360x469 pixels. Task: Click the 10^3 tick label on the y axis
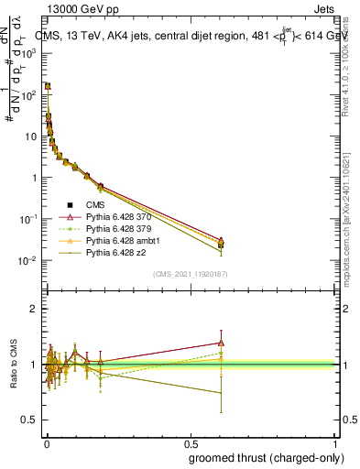pos(29,53)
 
